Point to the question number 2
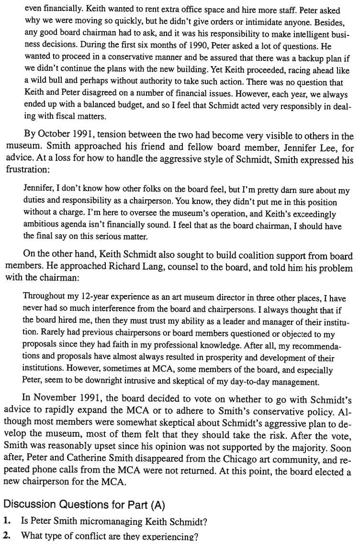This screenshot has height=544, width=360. point(7,535)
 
